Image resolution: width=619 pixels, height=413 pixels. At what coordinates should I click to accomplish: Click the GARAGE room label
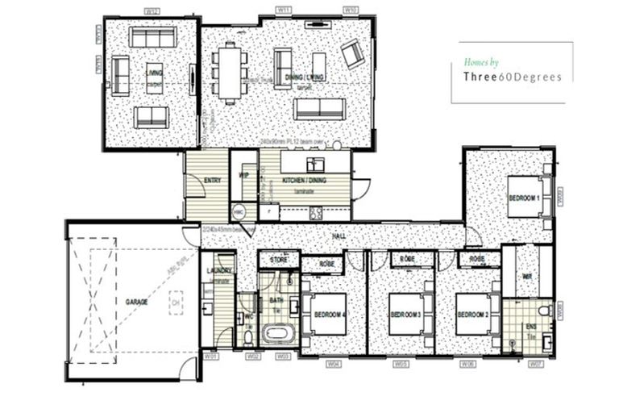point(136,301)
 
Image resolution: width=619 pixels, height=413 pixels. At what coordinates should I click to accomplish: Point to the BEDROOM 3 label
point(407,315)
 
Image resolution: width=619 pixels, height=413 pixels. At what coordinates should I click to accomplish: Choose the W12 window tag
point(151,10)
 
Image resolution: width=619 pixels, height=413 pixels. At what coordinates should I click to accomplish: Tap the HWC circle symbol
point(239,211)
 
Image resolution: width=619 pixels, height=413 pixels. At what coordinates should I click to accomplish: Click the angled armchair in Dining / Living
point(352,53)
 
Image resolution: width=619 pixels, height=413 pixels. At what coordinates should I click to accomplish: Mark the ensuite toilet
point(543,311)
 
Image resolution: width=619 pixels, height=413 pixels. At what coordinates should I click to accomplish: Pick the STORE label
point(279,260)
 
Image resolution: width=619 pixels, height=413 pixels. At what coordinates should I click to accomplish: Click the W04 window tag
point(333,363)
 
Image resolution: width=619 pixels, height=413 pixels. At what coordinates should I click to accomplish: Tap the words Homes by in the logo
point(482,61)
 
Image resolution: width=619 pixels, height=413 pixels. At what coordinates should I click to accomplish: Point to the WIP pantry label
point(243,174)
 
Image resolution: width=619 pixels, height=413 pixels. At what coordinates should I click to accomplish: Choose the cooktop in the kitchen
point(316,214)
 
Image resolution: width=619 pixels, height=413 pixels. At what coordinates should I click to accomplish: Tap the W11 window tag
point(284,10)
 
